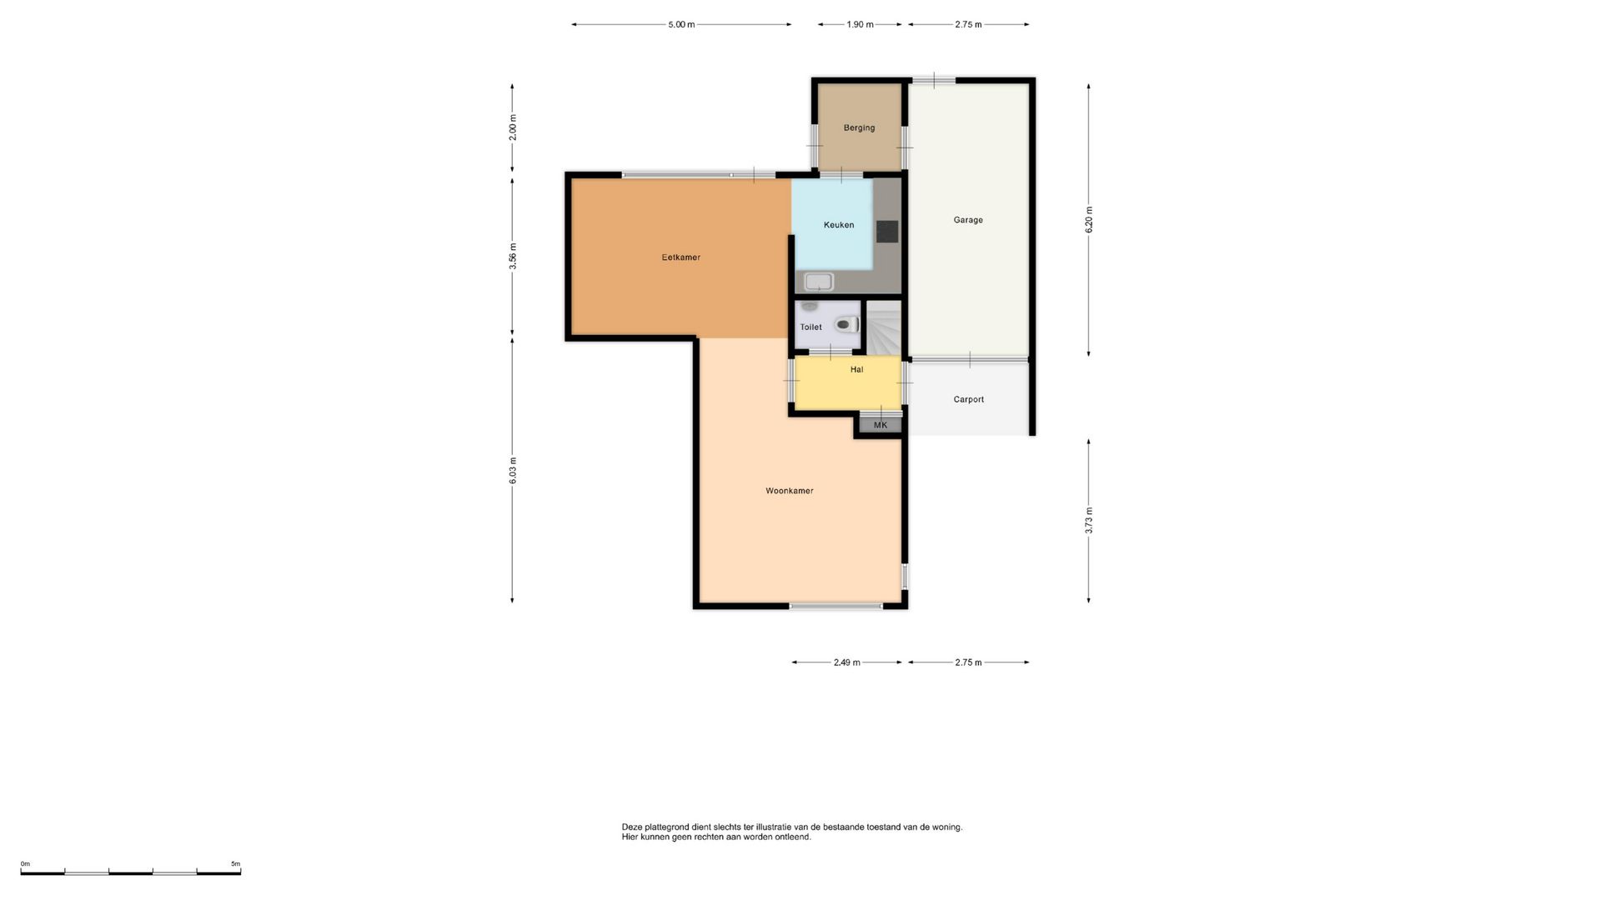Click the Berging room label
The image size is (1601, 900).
pos(859,127)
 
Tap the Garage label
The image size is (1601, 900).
pos(968,220)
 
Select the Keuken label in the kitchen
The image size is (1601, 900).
pos(839,225)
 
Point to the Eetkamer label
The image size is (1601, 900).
pos(681,257)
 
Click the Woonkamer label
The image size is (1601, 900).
pos(790,491)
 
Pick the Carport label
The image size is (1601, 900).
pos(969,399)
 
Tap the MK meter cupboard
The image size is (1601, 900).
pos(881,425)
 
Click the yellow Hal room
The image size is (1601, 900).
pos(848,383)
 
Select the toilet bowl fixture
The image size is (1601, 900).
pos(847,324)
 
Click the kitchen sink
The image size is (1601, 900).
pos(819,282)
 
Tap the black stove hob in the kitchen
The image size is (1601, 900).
pos(887,231)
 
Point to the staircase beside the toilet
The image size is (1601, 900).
pos(884,327)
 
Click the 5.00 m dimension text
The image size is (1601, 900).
pos(681,25)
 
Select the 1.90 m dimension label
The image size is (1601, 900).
pos(860,25)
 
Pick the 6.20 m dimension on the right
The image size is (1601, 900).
pos(1089,220)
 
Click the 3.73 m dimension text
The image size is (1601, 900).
pos(1089,521)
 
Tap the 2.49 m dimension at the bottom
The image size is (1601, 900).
pos(846,662)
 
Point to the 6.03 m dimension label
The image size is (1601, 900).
pos(513,471)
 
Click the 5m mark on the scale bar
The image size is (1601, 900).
pos(236,864)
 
